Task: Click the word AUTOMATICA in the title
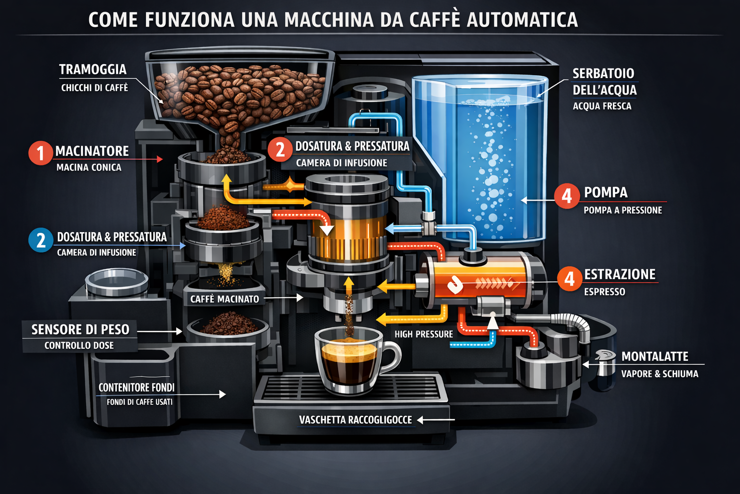tap(522, 19)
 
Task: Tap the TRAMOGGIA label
tap(93, 69)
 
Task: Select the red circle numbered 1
tap(40, 153)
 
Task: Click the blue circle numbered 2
tap(40, 240)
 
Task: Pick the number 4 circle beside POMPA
tap(567, 196)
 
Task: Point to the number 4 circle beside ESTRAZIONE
tap(569, 279)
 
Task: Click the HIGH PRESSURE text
tap(423, 334)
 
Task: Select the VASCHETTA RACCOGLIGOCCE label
tap(356, 420)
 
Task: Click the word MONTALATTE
tap(655, 357)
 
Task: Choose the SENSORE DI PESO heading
tap(80, 329)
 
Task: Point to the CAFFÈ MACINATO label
tap(225, 299)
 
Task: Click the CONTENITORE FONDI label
tap(136, 387)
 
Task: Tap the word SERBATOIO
tap(603, 73)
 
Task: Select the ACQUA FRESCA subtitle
tap(602, 106)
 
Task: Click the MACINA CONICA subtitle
tap(89, 167)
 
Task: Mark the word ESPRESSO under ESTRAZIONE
tap(605, 292)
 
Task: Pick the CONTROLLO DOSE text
tap(79, 345)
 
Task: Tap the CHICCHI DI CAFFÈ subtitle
tap(94, 88)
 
